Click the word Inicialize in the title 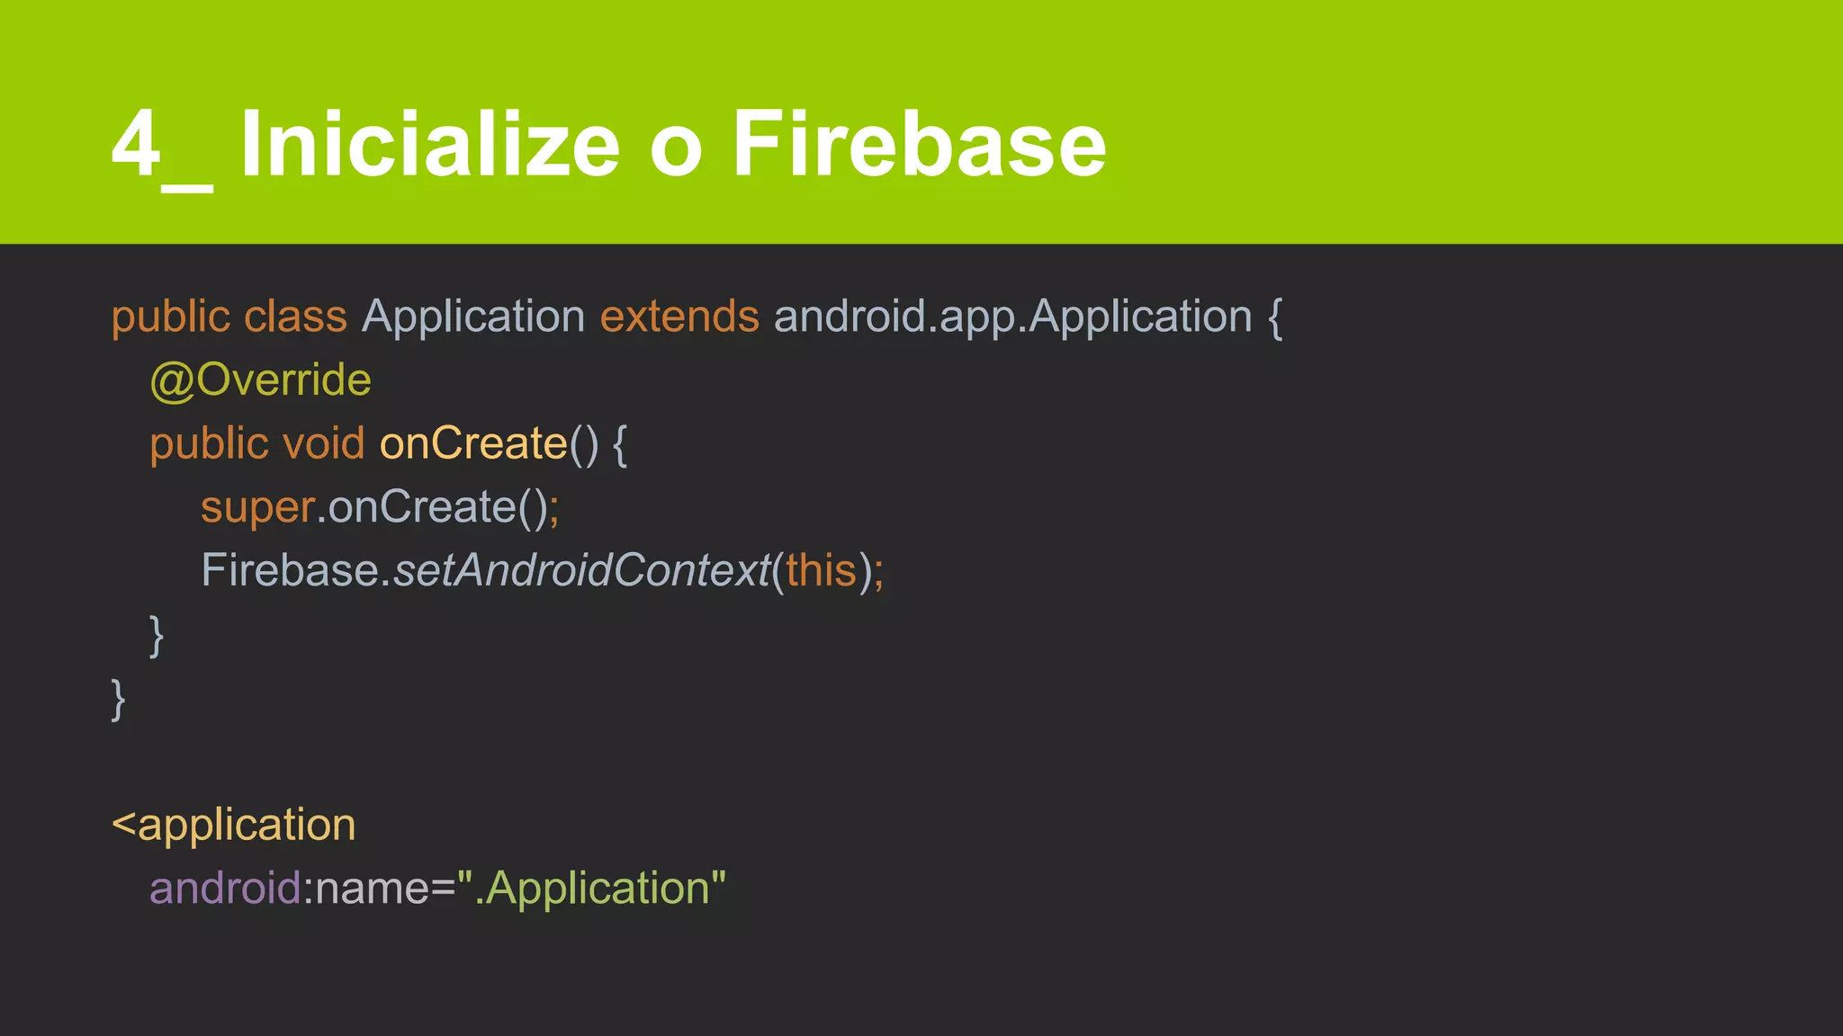(x=429, y=144)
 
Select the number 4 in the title (x=135, y=144)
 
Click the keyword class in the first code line (x=295, y=317)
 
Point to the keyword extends (x=679, y=317)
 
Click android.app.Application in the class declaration (x=1012, y=317)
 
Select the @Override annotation (x=260, y=380)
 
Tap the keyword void (x=323, y=444)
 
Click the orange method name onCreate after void (x=473, y=444)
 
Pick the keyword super (x=257, y=508)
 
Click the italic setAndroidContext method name (x=581, y=571)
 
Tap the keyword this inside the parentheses (x=821, y=571)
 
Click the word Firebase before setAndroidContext (x=290, y=571)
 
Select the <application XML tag (x=234, y=826)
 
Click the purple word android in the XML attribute (x=225, y=889)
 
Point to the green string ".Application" (x=591, y=889)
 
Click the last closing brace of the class (x=118, y=700)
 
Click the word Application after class (x=473, y=317)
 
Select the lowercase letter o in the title (x=675, y=148)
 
